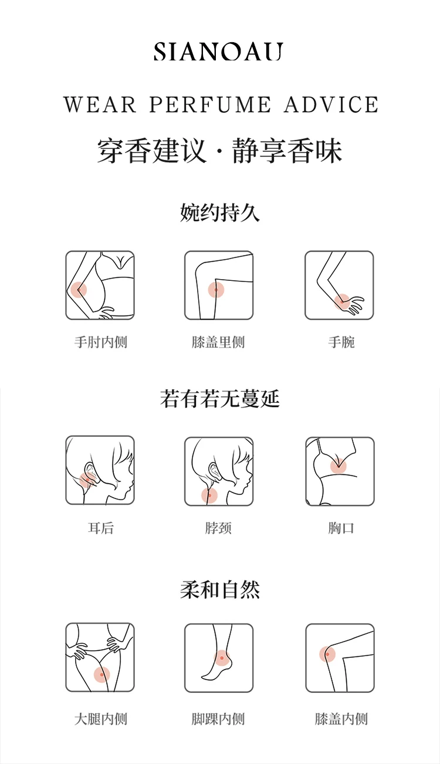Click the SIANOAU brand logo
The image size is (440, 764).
coord(218,52)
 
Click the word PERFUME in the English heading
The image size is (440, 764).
coord(210,104)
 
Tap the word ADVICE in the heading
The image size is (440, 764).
coord(331,104)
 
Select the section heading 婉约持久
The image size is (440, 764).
coord(220,212)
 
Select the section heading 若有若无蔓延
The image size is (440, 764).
coord(220,398)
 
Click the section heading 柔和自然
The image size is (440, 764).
coord(220,589)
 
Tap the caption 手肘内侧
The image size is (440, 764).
coord(101,342)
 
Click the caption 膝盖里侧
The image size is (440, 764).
coord(218,342)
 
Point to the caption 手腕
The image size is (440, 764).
coord(341,342)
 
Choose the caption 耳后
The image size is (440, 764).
coord(101,528)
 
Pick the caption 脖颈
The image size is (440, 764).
coord(218,528)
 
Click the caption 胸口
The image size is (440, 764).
coord(341,528)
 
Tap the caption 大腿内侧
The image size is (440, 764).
coord(101,719)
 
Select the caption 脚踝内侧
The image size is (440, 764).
coord(218,719)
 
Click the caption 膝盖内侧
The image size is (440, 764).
coord(341,719)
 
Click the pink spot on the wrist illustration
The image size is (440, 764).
coord(342,302)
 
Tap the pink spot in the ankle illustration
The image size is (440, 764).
coord(222,658)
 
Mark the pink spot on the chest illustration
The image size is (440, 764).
coord(339,466)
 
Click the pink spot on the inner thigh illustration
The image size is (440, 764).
coord(101,674)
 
